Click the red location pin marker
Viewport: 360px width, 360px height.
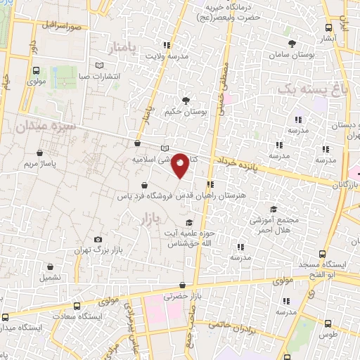[180, 165]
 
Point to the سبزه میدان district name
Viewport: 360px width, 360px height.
[48, 126]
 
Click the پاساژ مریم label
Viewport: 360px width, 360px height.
[40, 164]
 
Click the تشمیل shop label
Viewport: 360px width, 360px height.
[51, 277]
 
